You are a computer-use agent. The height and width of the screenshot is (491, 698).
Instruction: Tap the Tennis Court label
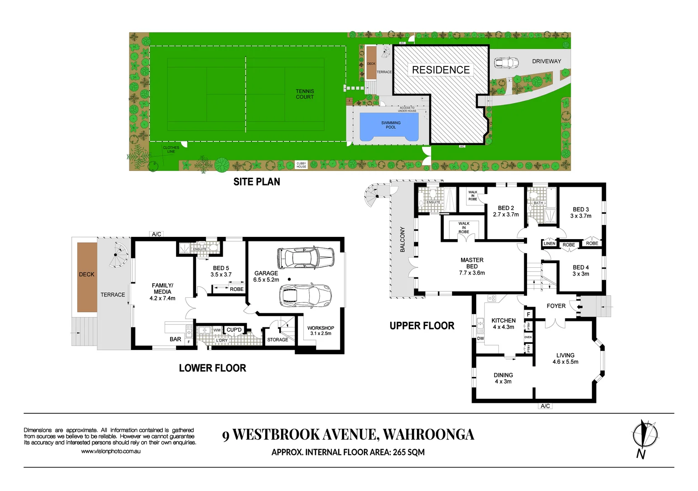(305, 94)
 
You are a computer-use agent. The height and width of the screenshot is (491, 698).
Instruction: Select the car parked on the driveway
(506, 62)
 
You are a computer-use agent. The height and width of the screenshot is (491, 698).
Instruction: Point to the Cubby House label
(301, 165)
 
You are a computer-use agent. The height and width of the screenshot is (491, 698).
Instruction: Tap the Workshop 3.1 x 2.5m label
(321, 331)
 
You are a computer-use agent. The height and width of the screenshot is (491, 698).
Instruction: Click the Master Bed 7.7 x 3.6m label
(472, 266)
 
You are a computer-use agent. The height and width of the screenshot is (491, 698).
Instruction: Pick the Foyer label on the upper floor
(556, 306)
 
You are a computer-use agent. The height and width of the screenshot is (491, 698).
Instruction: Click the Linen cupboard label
(549, 244)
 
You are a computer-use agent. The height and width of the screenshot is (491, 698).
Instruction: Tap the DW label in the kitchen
(480, 338)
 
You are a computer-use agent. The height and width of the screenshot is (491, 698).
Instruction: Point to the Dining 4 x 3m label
(503, 378)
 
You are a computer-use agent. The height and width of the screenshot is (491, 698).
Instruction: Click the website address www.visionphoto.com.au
(110, 451)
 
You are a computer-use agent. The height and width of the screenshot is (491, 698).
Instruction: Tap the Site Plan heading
(256, 182)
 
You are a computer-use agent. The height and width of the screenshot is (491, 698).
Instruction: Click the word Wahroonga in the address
(428, 435)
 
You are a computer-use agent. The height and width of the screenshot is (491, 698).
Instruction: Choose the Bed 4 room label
(581, 271)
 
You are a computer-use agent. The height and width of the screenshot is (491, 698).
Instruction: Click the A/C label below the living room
(545, 406)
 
